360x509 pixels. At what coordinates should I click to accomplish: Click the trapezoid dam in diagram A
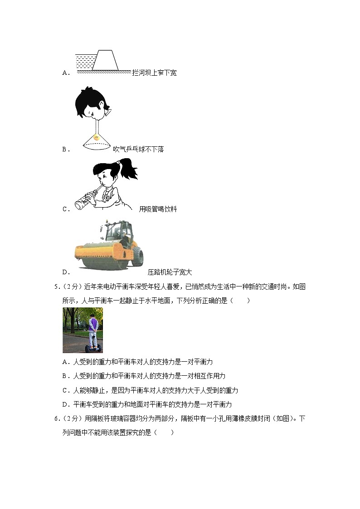pos(105,60)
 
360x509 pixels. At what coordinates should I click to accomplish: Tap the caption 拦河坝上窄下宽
pos(154,73)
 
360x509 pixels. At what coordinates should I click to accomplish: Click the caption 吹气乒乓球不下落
pos(138,149)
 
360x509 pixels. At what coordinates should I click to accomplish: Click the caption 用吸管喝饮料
pos(157,209)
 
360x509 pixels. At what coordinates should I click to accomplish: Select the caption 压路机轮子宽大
pos(170,272)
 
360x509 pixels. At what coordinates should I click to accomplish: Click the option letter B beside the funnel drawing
pos(65,149)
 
